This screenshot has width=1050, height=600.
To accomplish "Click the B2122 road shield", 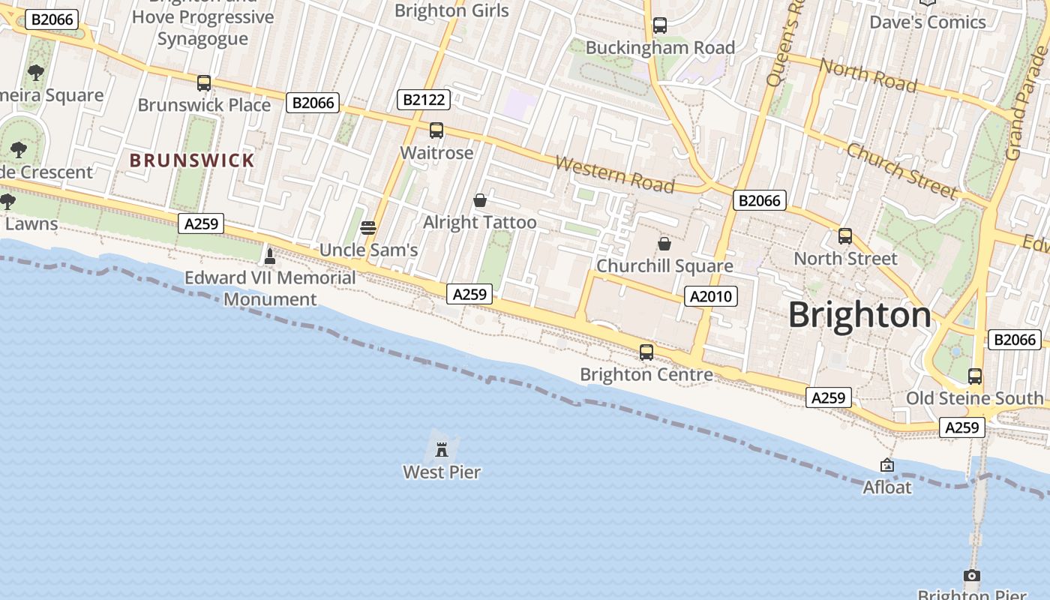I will [424, 99].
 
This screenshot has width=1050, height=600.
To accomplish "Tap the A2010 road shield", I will [710, 296].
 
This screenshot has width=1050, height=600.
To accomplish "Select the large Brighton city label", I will [859, 315].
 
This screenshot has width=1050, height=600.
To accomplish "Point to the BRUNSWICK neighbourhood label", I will [192, 160].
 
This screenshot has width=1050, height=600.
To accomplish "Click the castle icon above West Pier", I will [442, 450].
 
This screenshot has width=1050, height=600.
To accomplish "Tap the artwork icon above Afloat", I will [887, 466].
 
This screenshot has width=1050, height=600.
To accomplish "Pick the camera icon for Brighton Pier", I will [971, 576].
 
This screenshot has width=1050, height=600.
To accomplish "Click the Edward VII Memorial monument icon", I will [270, 256].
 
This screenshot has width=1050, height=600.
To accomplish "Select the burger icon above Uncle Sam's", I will [367, 227].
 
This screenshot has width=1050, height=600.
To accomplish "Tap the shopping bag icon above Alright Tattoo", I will [480, 200].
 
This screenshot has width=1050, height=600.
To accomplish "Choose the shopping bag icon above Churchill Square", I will [664, 244].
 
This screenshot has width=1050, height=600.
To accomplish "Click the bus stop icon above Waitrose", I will [436, 130].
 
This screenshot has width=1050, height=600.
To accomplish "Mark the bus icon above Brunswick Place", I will [204, 83].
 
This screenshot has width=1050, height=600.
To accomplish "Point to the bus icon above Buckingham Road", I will [660, 25].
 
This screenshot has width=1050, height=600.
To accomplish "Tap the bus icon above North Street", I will [845, 236].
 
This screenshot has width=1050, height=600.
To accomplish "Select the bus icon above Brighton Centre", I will [646, 352].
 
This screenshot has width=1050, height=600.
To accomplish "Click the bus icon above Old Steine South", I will [975, 376].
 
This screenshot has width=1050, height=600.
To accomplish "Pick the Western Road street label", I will [615, 174].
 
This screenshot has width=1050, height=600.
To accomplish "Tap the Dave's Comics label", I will [927, 22].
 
